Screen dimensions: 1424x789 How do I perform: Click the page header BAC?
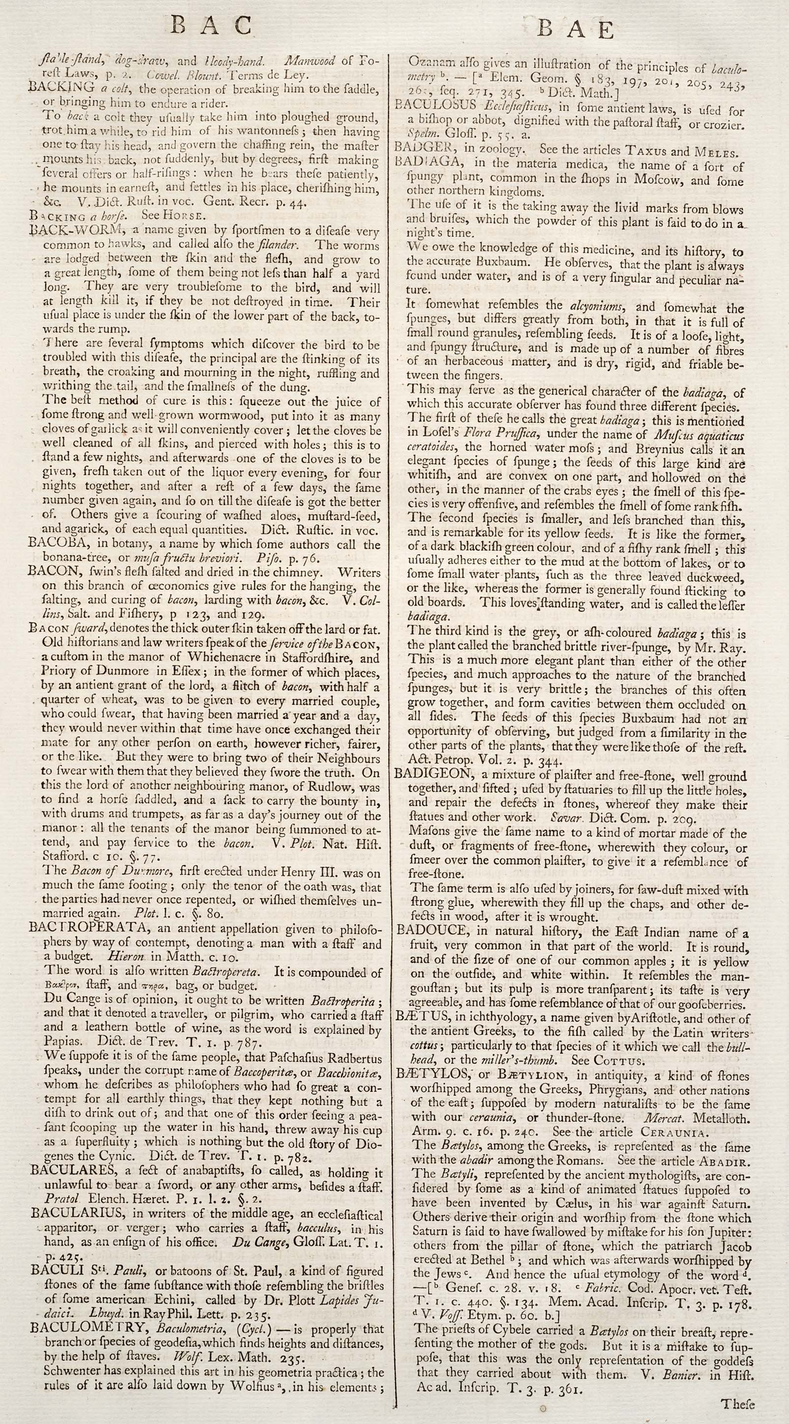211,26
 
